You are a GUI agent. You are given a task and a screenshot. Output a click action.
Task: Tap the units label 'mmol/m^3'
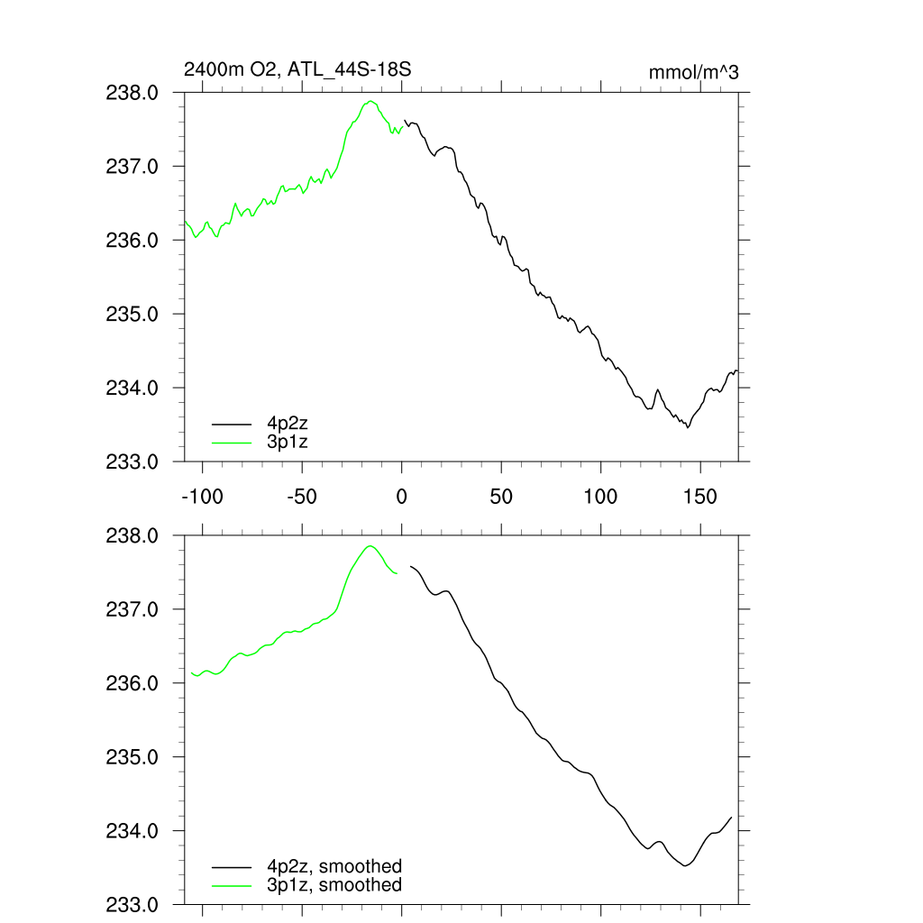tap(693, 72)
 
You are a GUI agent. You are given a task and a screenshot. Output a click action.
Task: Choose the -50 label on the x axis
tap(300, 497)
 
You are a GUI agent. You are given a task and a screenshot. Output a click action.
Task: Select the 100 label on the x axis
tap(600, 497)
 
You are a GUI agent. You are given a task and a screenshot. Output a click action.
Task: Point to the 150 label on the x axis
tap(700, 497)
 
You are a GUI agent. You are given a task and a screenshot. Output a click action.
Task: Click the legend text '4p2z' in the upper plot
tap(288, 422)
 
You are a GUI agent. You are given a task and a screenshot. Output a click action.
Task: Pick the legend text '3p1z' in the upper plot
tap(288, 441)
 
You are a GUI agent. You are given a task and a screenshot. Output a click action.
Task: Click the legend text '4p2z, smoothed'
tap(334, 866)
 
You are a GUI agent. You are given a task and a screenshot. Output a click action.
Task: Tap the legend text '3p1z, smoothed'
tap(334, 885)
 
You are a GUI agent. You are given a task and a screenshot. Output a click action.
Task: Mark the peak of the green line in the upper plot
tap(370, 102)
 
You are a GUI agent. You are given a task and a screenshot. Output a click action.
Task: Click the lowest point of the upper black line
tap(688, 426)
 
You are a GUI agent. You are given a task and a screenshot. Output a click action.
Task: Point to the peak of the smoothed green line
tap(370, 546)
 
